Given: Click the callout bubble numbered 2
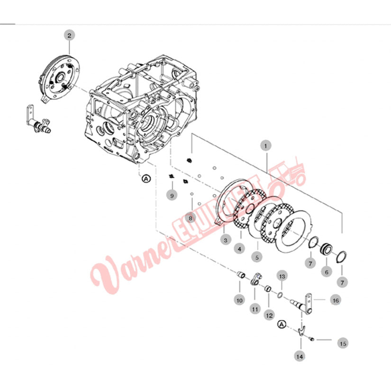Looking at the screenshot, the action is (x=69, y=36).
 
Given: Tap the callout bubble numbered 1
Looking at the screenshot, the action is (x=265, y=146).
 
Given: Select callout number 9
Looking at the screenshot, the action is (x=172, y=195).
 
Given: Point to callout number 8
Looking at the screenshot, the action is (x=191, y=218).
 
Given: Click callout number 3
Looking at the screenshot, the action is (x=226, y=240).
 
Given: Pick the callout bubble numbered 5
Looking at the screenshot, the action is (x=257, y=257).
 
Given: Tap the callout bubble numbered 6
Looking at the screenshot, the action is (x=327, y=272).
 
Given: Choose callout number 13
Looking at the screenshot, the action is (x=282, y=276).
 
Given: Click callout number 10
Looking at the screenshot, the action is (x=239, y=300).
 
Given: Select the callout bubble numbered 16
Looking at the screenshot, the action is (x=336, y=300).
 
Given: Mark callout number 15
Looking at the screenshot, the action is (x=343, y=344).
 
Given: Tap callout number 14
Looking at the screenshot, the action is (x=300, y=356).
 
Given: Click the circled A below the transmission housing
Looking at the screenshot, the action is (x=146, y=179).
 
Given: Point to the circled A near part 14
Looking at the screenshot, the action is (x=282, y=325).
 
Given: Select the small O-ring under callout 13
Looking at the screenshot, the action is (x=280, y=295).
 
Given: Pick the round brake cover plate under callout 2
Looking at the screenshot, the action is (x=59, y=78).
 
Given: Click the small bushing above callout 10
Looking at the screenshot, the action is (x=241, y=274).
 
